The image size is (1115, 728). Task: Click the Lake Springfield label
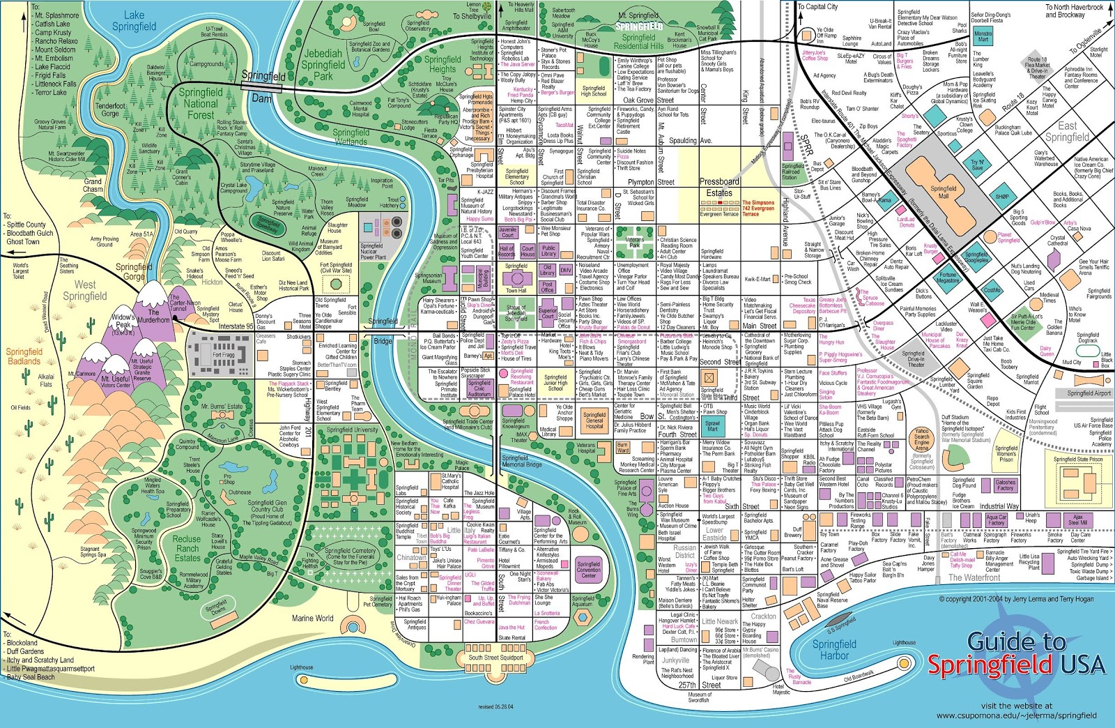click(134, 21)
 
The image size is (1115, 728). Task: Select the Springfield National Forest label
click(201, 103)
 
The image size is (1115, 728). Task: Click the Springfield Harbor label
click(834, 650)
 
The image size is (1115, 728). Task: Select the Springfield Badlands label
click(24, 356)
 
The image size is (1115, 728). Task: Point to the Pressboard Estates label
click(719, 187)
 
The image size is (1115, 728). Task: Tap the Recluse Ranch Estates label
click(187, 548)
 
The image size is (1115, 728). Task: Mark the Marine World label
click(312, 618)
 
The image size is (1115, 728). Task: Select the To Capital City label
click(817, 7)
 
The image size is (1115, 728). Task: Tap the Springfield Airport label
click(1089, 393)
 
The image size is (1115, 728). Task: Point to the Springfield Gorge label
click(134, 271)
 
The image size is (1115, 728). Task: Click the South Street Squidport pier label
click(495, 657)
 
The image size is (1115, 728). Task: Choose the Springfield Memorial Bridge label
click(521, 461)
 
